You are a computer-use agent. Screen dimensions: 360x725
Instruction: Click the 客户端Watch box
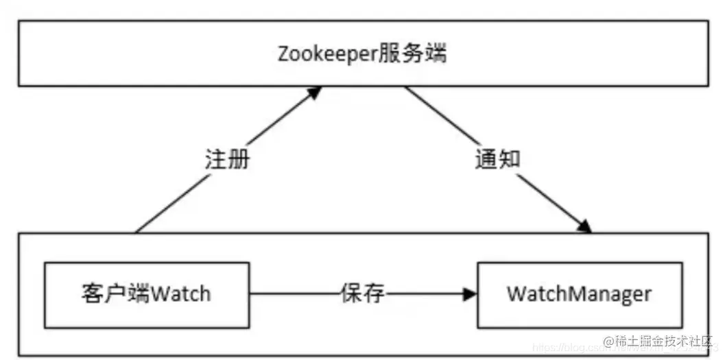pos(146,294)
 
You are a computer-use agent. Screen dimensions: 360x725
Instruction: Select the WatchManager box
pos(580,294)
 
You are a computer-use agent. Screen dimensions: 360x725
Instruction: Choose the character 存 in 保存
pos(374,294)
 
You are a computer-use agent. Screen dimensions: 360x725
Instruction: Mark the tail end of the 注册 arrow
pos(136,232)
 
